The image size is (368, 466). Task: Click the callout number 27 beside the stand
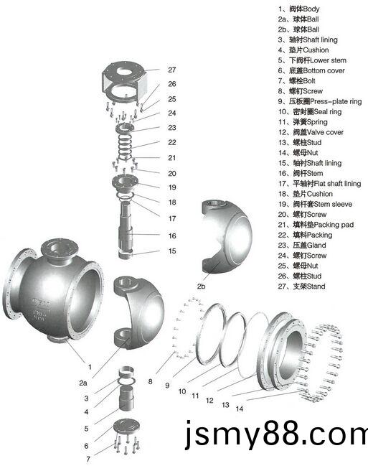point(172,70)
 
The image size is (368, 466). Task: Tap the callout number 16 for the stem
point(172,236)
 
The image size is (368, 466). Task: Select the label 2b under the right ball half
point(201,286)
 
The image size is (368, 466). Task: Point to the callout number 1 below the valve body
point(90,368)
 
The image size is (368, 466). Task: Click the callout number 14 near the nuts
point(240,409)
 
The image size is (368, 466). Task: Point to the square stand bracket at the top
point(124,83)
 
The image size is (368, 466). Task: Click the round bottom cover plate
point(126,427)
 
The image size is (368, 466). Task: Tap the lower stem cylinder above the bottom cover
point(126,399)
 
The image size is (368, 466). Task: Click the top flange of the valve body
point(60,248)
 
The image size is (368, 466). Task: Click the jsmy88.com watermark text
point(276,436)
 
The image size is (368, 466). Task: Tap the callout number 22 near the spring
point(172,143)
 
